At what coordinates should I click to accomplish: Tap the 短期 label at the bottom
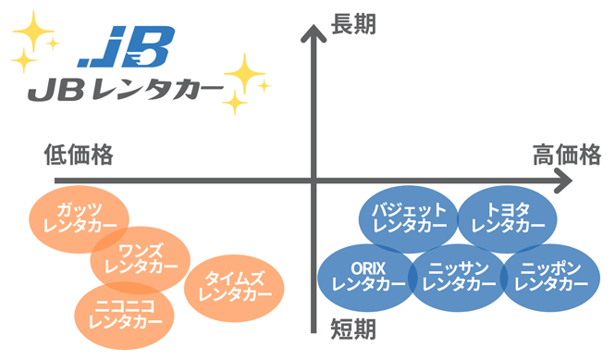[353, 329]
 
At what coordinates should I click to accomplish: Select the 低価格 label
[79, 155]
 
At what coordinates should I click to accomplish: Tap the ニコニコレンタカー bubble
[119, 315]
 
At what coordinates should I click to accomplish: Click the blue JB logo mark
[130, 48]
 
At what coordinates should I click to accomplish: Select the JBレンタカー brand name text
[124, 91]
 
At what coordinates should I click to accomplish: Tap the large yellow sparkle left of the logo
[35, 37]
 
